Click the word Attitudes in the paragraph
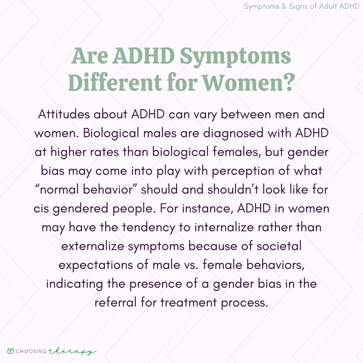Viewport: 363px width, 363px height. (64, 114)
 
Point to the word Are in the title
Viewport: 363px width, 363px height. (90, 56)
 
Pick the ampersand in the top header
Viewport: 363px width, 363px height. (284, 6)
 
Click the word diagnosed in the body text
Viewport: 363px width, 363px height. (233, 133)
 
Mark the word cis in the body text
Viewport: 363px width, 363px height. (41, 209)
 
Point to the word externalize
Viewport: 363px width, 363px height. (93, 246)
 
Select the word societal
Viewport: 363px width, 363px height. (279, 246)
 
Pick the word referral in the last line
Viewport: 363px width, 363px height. (116, 302)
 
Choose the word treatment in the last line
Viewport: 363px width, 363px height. (189, 302)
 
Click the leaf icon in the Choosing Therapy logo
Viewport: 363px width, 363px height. (10, 351)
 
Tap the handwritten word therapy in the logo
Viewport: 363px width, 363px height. (72, 352)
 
